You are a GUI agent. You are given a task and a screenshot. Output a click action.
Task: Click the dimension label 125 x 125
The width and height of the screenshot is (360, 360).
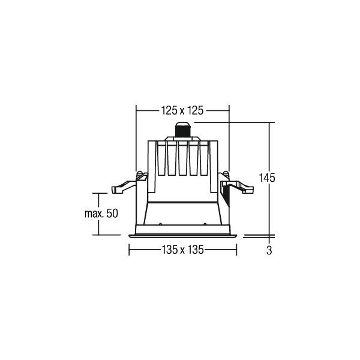point(182,110)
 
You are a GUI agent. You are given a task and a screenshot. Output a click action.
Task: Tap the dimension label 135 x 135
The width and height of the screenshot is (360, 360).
point(183,250)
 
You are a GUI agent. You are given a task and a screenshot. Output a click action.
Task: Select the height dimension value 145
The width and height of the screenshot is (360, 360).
point(267,178)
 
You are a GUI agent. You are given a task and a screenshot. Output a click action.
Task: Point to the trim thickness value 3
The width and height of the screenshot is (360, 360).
point(269,250)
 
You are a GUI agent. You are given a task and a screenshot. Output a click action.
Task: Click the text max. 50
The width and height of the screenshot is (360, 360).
point(101,214)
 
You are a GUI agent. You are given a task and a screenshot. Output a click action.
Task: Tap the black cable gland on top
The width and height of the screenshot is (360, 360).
point(183,130)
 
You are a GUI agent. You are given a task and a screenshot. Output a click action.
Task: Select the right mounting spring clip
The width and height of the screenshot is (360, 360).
point(236,183)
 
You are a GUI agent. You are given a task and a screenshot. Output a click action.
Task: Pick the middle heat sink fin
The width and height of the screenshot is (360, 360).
point(183,158)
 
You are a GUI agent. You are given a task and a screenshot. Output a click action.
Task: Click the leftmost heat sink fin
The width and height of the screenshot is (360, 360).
point(161,158)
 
